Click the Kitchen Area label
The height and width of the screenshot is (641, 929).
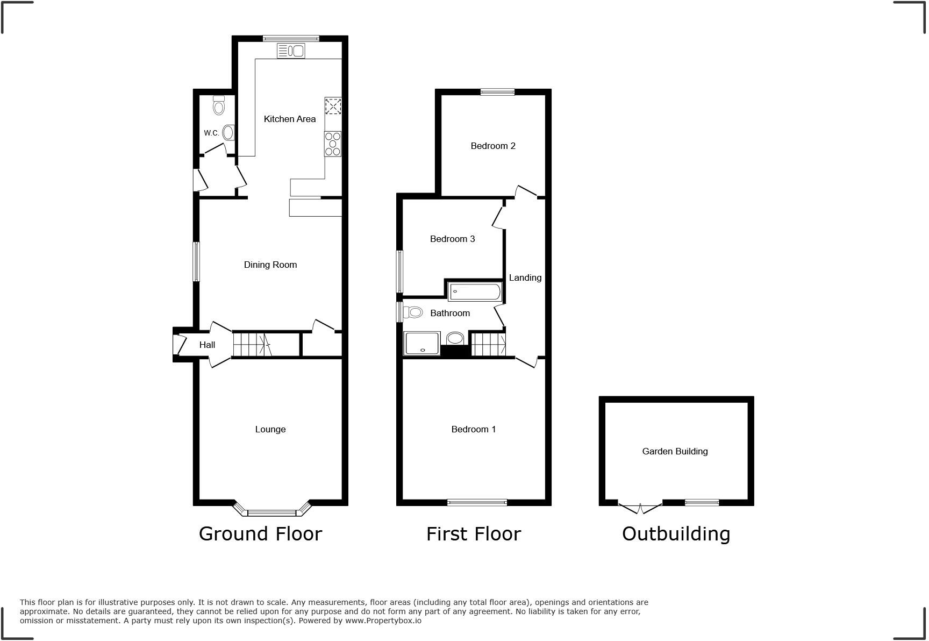click(x=290, y=119)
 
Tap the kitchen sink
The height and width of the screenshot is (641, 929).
click(x=291, y=51)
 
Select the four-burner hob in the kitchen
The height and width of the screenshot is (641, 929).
click(x=333, y=144)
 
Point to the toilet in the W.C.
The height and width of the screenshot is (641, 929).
click(x=218, y=105)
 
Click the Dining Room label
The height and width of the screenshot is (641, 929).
click(x=270, y=265)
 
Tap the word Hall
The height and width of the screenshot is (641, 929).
click(x=207, y=345)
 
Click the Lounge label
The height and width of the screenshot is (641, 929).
click(x=270, y=429)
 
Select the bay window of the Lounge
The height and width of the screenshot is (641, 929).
click(x=272, y=511)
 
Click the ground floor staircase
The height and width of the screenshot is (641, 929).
click(x=253, y=345)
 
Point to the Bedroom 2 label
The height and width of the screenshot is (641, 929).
click(x=493, y=146)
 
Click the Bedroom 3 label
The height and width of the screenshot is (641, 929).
click(x=452, y=239)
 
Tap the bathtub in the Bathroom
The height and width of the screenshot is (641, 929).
click(x=475, y=292)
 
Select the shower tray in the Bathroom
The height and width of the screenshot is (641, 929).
click(x=422, y=344)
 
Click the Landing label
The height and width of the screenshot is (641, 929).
click(x=525, y=277)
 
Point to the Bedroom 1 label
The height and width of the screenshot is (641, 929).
click(x=474, y=429)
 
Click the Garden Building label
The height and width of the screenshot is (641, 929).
click(x=675, y=451)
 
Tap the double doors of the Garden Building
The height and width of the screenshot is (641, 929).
click(x=640, y=507)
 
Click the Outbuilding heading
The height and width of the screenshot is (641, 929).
click(x=676, y=533)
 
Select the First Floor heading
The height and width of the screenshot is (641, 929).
click(x=474, y=534)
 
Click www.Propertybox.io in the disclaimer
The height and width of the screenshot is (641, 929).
click(x=383, y=621)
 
